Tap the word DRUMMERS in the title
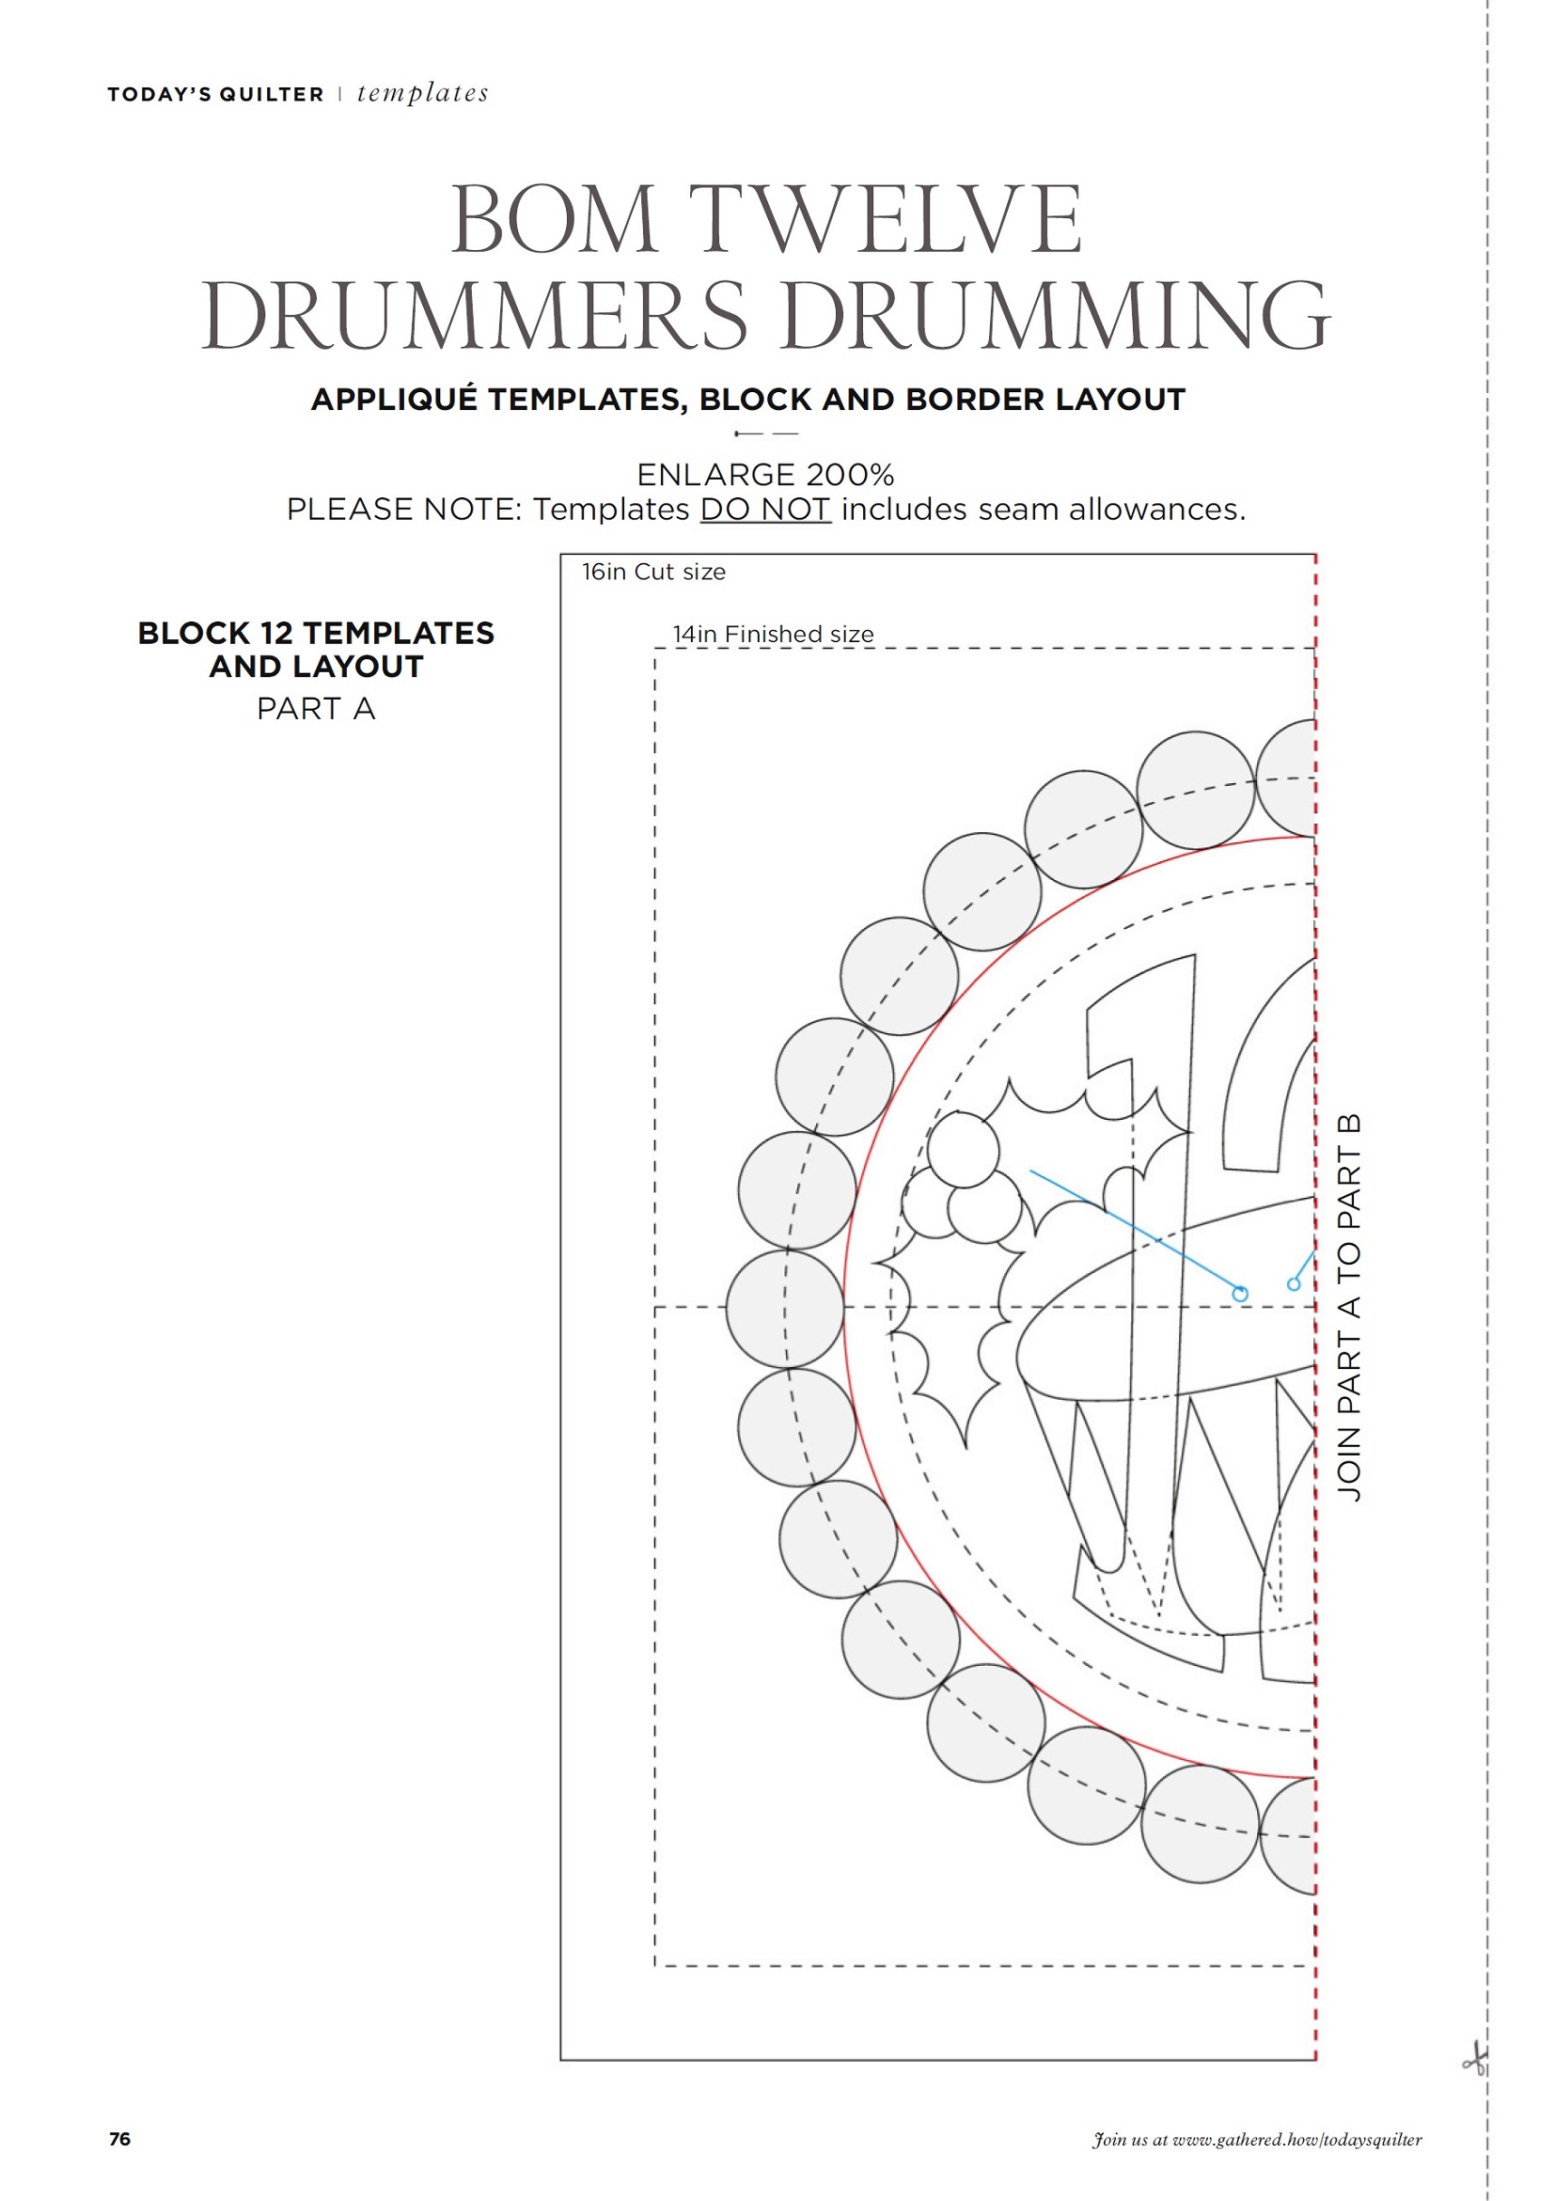[475, 315]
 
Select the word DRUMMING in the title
[1056, 315]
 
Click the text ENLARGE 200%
[765, 475]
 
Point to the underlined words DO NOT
[765, 509]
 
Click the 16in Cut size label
[653, 573]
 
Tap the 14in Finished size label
[773, 634]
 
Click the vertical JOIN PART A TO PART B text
[1349, 1308]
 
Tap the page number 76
[119, 2139]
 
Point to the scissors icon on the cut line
[1475, 2059]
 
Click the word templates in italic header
[423, 93]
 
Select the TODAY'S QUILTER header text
[215, 94]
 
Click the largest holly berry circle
[963, 1149]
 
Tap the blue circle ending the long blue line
[1240, 1294]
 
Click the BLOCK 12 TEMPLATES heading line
[317, 633]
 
